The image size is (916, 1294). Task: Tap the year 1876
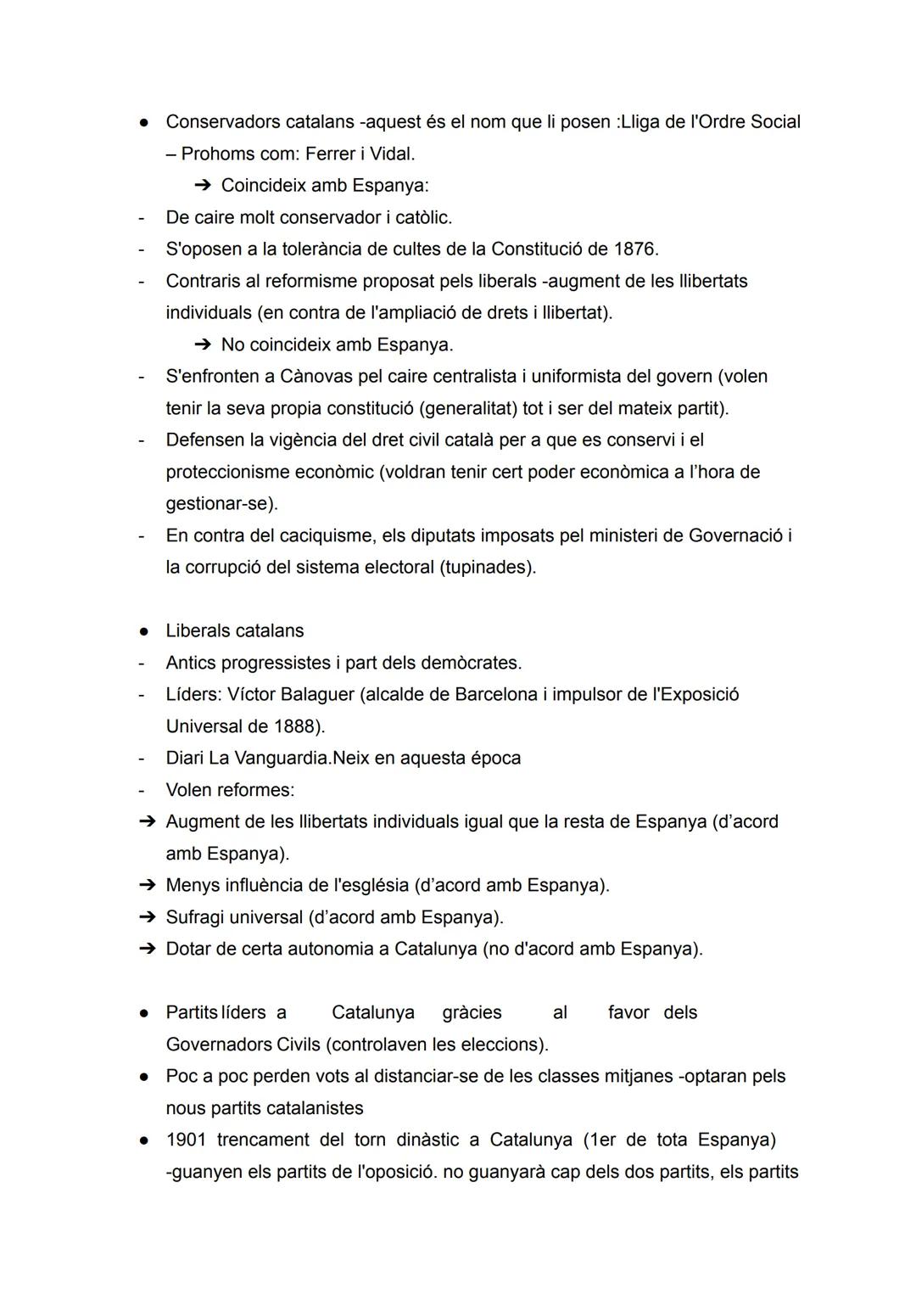[634, 249]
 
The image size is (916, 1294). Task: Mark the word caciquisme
[325, 536]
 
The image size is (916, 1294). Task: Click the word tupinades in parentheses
[487, 568]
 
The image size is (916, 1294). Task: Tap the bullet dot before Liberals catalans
[145, 632]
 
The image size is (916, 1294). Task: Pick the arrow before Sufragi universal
[148, 918]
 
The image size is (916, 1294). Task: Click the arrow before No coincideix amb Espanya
[202, 345]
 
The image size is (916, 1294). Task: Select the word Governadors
[219, 1045]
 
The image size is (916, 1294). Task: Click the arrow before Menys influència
[148, 886]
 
